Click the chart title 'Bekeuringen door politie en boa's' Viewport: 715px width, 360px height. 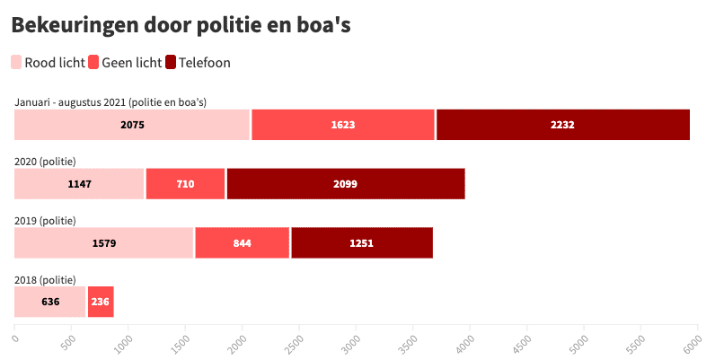[181, 26]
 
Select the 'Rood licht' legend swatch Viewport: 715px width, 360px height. [17, 62]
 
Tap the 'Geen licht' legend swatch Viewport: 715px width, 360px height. [94, 62]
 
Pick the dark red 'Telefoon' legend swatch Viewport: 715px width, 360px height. [171, 62]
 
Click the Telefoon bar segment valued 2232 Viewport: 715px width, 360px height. [562, 125]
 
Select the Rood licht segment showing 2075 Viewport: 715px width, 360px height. [132, 125]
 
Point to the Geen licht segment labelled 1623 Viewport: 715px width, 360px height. [343, 125]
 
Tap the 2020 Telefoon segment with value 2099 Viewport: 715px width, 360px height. [346, 184]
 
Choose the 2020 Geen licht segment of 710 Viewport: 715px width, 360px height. [185, 184]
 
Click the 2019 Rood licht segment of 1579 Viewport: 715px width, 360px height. [104, 243]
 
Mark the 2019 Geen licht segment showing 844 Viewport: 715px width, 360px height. [242, 243]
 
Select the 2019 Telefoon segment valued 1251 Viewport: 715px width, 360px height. [361, 243]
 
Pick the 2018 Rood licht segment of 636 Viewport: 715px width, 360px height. [50, 302]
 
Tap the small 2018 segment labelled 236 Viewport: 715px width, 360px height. [100, 302]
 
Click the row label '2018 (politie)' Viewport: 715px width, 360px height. [45, 280]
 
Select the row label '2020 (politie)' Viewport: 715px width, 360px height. [45, 162]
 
